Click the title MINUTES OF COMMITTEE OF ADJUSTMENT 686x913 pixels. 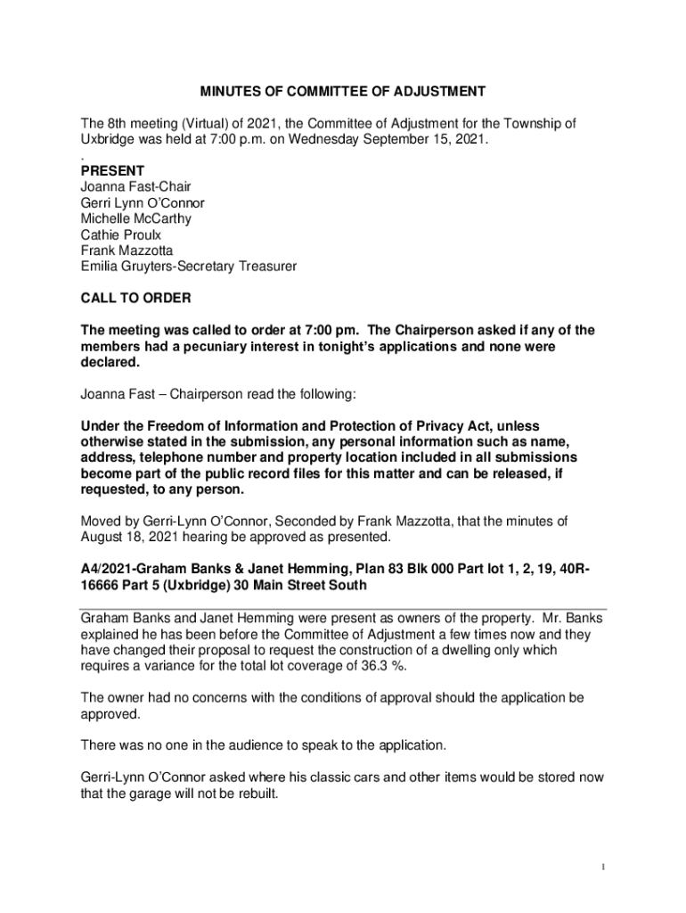(342, 91)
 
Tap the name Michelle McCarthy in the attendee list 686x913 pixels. (135, 218)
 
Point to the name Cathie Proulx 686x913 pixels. (120, 234)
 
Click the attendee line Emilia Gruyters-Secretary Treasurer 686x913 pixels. (188, 267)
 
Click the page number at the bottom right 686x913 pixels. (603, 867)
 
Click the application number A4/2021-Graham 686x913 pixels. (134, 569)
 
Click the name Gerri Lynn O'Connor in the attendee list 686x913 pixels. (142, 202)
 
